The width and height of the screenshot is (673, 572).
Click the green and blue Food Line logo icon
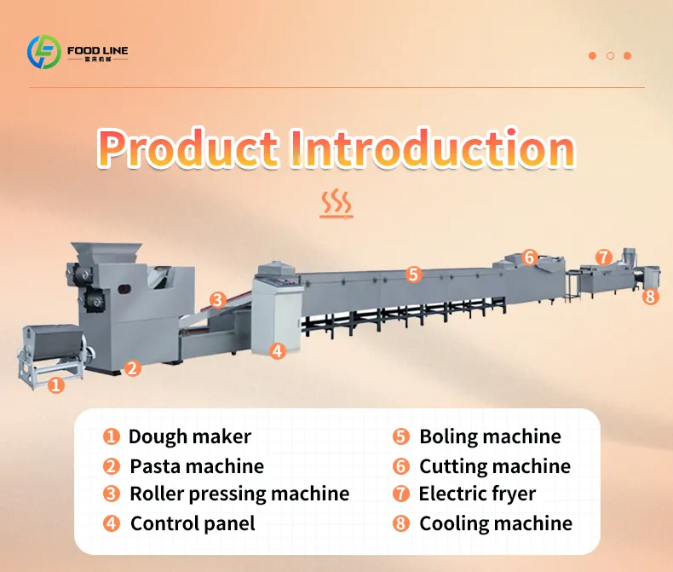pyautogui.click(x=43, y=52)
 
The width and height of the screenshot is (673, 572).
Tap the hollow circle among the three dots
pyautogui.click(x=610, y=55)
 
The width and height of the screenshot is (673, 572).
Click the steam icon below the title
pyautogui.click(x=336, y=203)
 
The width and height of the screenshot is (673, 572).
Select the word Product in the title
pyautogui.click(x=188, y=148)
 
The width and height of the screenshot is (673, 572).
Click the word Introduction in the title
pyautogui.click(x=433, y=148)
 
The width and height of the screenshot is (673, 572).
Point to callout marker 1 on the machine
pyautogui.click(x=55, y=384)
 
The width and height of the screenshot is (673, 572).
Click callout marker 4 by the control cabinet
pyautogui.click(x=277, y=351)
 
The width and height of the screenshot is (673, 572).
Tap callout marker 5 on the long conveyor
pyautogui.click(x=413, y=274)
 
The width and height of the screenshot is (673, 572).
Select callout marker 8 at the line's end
pyautogui.click(x=650, y=297)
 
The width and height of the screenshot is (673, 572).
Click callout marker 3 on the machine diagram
pyautogui.click(x=217, y=300)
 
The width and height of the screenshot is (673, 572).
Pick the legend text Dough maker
pyautogui.click(x=190, y=436)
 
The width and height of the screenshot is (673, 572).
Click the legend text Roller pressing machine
pyautogui.click(x=239, y=494)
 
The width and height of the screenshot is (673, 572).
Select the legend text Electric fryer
pyautogui.click(x=477, y=494)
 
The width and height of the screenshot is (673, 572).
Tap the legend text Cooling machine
pyautogui.click(x=496, y=523)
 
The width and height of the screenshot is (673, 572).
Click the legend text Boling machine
pyautogui.click(x=490, y=436)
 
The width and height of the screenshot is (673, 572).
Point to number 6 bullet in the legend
pyautogui.click(x=401, y=466)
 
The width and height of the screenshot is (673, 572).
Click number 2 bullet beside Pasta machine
pyautogui.click(x=111, y=466)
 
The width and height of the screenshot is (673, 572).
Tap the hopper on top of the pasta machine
pyautogui.click(x=106, y=252)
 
